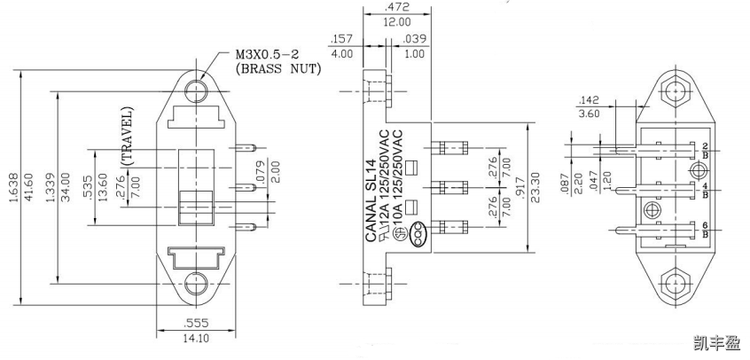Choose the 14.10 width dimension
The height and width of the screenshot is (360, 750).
197,338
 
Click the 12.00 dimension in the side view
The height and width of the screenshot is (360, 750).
396,21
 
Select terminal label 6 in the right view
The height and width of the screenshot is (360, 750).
704,226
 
